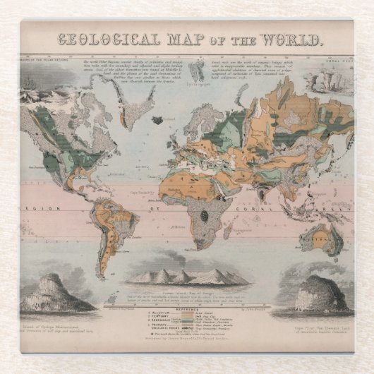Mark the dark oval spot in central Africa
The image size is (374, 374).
point(204,214)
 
